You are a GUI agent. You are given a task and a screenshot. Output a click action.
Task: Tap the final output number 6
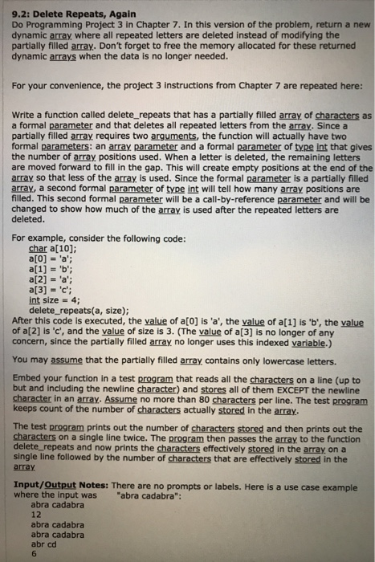(x=33, y=553)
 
